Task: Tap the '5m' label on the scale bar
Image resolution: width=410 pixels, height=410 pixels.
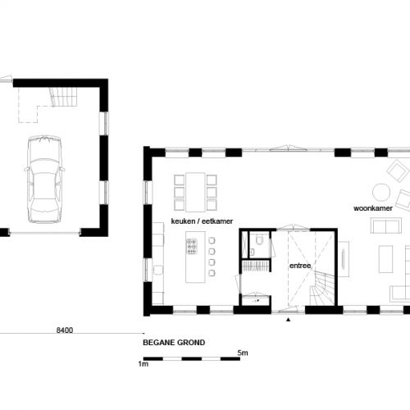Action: [x=243, y=353]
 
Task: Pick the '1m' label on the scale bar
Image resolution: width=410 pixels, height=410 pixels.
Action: [x=143, y=363]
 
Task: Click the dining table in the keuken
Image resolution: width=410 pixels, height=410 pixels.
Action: [x=196, y=190]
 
